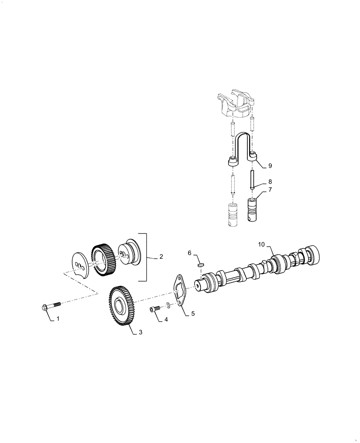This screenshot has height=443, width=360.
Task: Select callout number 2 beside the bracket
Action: [161, 256]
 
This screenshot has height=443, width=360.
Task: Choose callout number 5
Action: [193, 313]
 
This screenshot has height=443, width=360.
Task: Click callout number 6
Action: [189, 253]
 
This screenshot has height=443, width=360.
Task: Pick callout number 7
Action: [270, 190]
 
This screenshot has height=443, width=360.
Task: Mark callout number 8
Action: [270, 181]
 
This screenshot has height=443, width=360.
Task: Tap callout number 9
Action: [270, 165]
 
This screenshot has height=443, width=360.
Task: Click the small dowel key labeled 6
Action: [200, 264]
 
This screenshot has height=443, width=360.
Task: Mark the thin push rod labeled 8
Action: [251, 180]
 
